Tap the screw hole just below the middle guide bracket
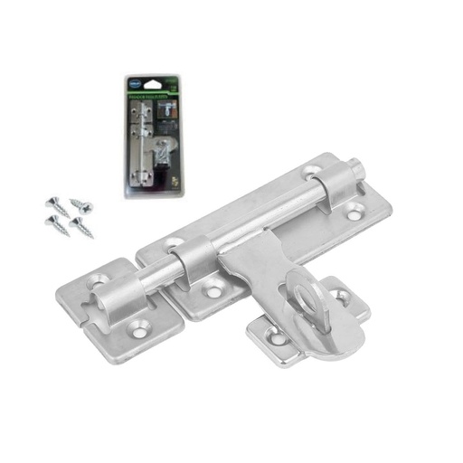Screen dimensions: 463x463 coord(214,291)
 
